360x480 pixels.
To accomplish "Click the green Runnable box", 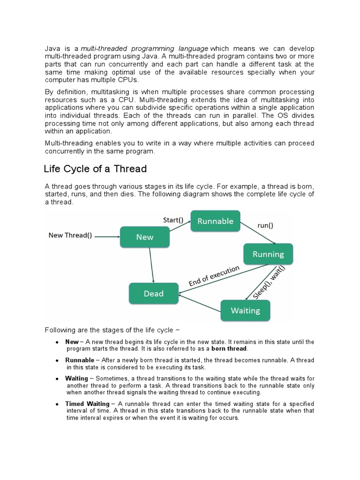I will pos(215,221).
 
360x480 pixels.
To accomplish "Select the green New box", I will pos(144,237).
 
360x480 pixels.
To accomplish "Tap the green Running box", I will pos(268,254).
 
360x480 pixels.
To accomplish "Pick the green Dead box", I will pos(153,293).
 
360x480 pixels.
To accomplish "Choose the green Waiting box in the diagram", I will pos(245,310).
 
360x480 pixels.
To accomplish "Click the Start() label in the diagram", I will pos(173,219).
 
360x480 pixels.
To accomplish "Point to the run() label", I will pos(265,225).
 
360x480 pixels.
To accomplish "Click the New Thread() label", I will pos(70,235).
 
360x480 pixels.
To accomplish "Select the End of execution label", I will pos(214,276).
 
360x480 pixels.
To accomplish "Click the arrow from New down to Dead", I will pos(151,265).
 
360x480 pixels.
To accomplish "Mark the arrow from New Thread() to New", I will pos(107,237).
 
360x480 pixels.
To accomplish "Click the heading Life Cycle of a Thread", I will pos(95,169).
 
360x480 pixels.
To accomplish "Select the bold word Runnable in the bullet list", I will pos(80,360).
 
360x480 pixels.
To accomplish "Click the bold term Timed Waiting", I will pos(87,404).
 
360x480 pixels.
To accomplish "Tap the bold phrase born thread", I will pos(229,349).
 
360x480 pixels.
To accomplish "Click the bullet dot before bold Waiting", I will pos(57,378).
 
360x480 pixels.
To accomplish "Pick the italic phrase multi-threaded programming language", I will pos(145,49).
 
